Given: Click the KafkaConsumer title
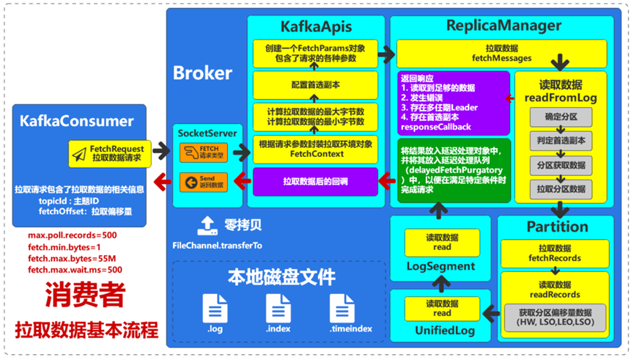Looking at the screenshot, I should [x=77, y=121].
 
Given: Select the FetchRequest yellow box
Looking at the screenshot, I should [x=110, y=153].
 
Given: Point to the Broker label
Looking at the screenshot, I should [x=202, y=73].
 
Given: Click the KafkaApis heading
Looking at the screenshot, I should [x=315, y=27].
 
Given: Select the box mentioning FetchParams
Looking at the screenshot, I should [x=315, y=53].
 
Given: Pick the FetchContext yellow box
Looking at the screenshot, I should [x=315, y=149].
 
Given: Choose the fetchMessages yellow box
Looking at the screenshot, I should [x=502, y=54].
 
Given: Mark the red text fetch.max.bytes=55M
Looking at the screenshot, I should [x=70, y=259].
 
